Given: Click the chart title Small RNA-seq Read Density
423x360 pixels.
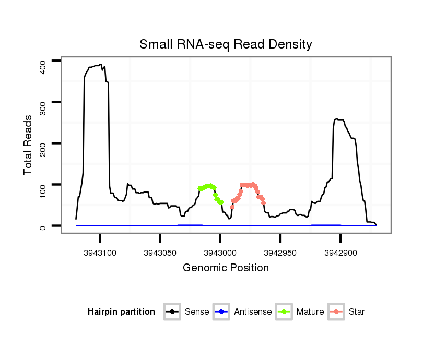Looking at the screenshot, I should pyautogui.click(x=226, y=44).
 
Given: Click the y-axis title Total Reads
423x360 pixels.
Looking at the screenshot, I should pyautogui.click(x=28, y=145).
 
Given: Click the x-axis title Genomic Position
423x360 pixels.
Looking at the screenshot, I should pyautogui.click(x=226, y=268).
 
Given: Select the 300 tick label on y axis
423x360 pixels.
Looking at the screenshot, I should pyautogui.click(x=44, y=102).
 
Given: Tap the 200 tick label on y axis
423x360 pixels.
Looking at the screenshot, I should pyautogui.click(x=44, y=143).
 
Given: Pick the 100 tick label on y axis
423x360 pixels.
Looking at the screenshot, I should pyautogui.click(x=44, y=185).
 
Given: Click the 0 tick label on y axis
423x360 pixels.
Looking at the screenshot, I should pyautogui.click(x=44, y=226).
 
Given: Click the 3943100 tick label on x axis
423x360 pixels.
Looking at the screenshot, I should pyautogui.click(x=100, y=253).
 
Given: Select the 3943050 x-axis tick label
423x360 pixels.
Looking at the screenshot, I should pyautogui.click(x=160, y=253).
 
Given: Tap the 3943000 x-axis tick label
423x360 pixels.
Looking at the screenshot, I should pyautogui.click(x=220, y=253).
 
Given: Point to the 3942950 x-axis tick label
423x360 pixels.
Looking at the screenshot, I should pyautogui.click(x=280, y=253).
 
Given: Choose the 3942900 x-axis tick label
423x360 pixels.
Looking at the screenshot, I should pyautogui.click(x=340, y=253).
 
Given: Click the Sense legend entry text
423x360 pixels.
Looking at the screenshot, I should pyautogui.click(x=197, y=312).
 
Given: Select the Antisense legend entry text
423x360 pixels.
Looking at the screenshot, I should pyautogui.click(x=253, y=312).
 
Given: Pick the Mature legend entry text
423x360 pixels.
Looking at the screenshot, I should pyautogui.click(x=310, y=312).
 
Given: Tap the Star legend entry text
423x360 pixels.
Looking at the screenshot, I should pyautogui.click(x=357, y=312).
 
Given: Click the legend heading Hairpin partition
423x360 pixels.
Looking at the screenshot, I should pyautogui.click(x=121, y=312).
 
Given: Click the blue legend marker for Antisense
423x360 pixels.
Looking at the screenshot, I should pyautogui.click(x=221, y=312).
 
